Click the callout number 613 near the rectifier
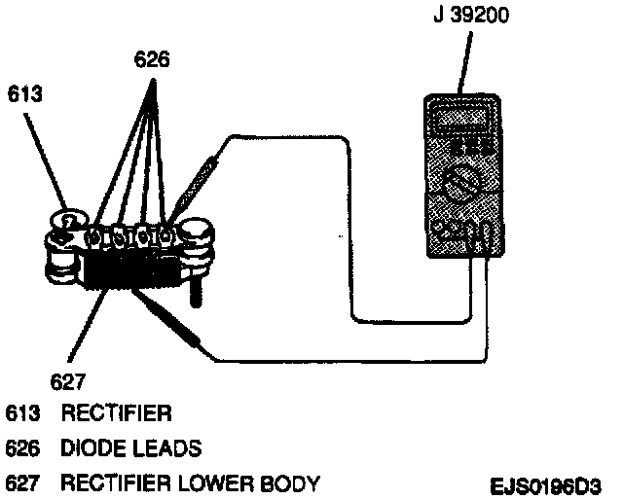[x=24, y=95]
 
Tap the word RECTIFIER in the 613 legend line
[x=117, y=414]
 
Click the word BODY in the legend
[x=289, y=483]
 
